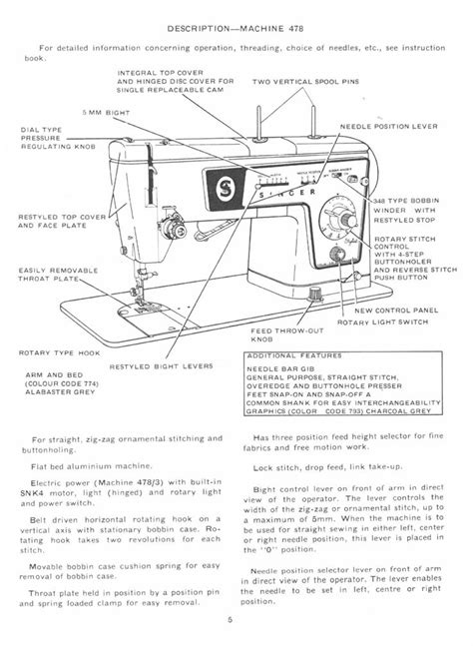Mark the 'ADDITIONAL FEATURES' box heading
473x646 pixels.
coord(301,355)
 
